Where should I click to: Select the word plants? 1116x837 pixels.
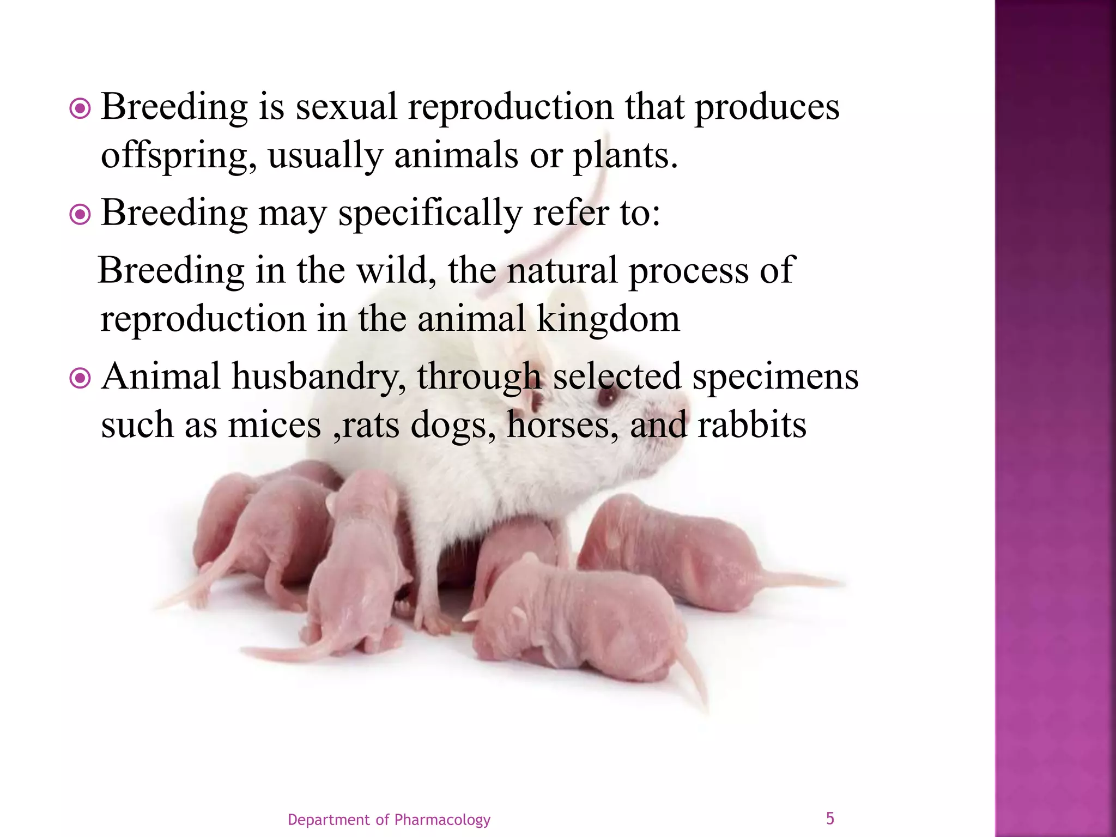625,156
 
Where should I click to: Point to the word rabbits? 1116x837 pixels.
752,425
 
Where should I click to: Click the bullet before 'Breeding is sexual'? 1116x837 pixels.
80,110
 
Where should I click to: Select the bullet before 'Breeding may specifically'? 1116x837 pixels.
80,215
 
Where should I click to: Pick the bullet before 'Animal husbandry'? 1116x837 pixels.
80,379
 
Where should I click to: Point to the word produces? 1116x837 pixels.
767,107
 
